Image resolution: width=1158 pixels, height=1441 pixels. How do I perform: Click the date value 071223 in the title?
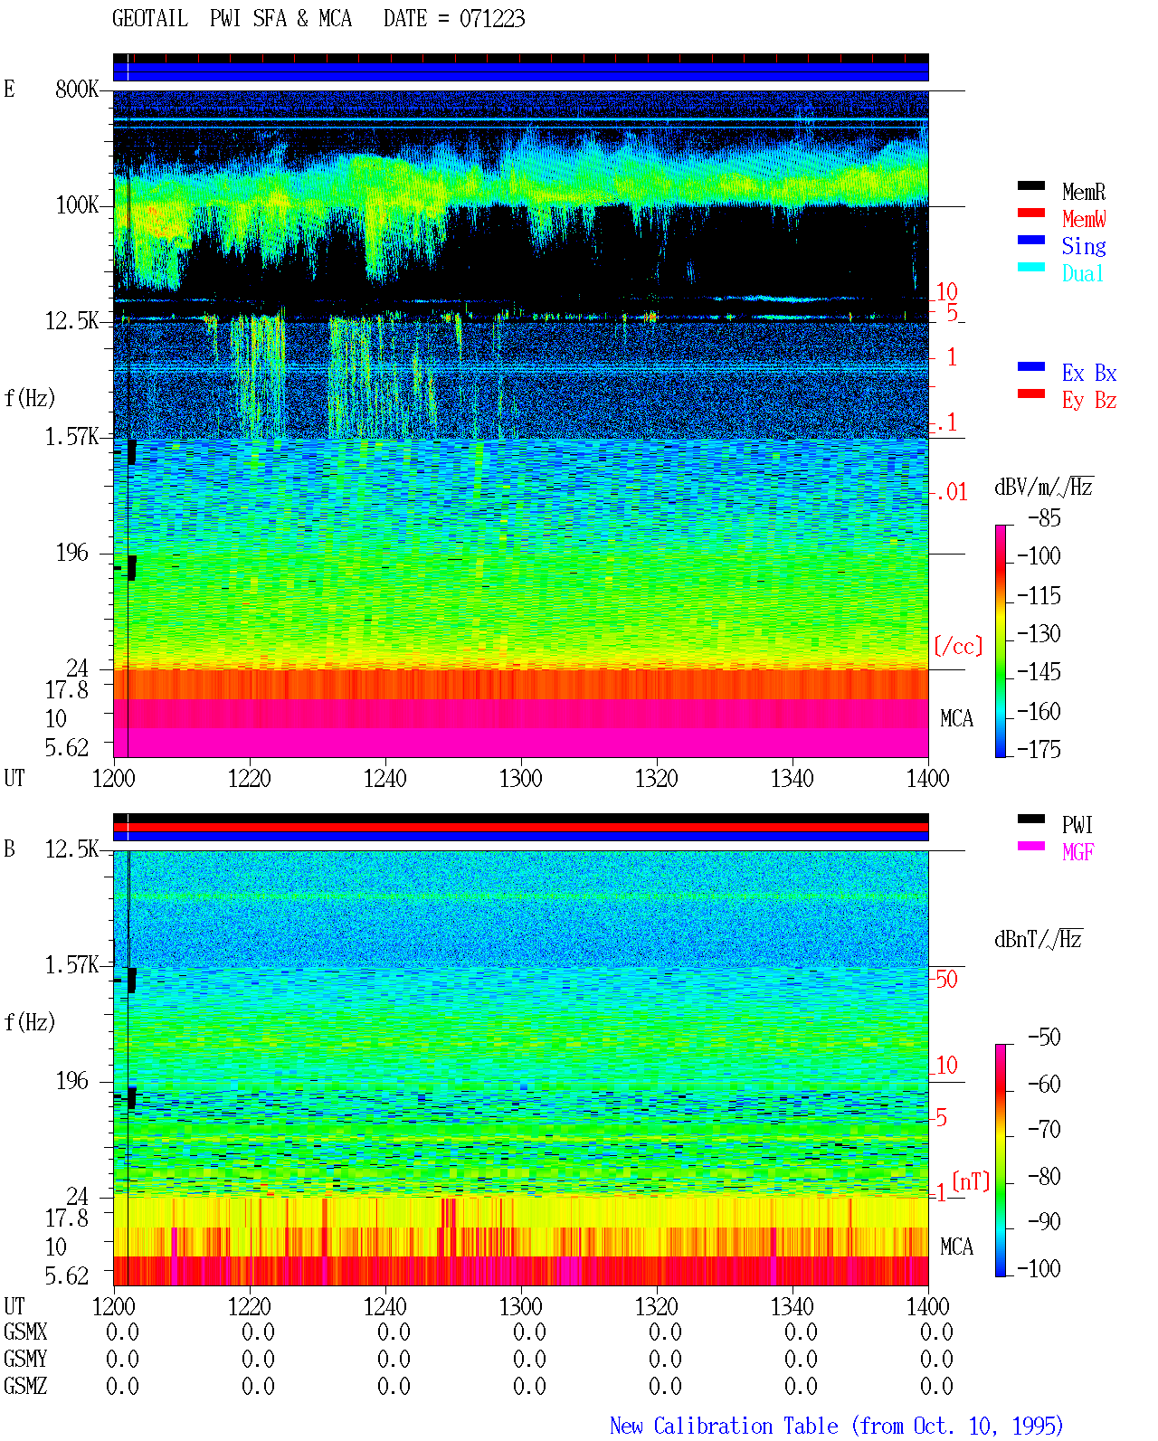pos(491,19)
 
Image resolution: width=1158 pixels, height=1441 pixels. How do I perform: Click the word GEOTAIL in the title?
pos(150,19)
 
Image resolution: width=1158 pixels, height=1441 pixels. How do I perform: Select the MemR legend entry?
pos(1083,192)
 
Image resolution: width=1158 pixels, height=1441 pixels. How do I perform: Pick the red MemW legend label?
pos(1083,219)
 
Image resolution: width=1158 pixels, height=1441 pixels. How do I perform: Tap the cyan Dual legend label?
pos(1082,273)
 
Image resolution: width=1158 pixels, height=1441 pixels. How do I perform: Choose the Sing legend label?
pos(1083,246)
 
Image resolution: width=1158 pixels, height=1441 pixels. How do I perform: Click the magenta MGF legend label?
pos(1077,852)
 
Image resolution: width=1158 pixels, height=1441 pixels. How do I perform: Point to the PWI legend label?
pos(1077,824)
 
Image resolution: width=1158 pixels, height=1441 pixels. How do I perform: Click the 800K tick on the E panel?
pos(77,89)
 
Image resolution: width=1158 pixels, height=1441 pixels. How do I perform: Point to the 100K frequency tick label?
pos(77,205)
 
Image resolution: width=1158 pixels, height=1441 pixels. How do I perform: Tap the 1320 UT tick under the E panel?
pos(657,779)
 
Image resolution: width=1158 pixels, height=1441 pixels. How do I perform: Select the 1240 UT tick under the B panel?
pos(385,1306)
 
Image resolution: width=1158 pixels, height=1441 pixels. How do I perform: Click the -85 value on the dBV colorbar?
pos(1044,518)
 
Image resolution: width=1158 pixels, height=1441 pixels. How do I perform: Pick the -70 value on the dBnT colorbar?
pos(1044,1130)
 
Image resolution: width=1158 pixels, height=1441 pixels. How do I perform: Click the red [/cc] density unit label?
pos(958,646)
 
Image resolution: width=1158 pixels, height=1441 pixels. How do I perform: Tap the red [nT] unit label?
pos(971,1180)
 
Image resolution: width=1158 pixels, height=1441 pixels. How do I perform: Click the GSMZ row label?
pos(25,1386)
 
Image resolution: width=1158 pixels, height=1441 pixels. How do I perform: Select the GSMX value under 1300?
pos(529,1332)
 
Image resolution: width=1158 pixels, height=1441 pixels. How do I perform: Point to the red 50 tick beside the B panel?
pos(946,980)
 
